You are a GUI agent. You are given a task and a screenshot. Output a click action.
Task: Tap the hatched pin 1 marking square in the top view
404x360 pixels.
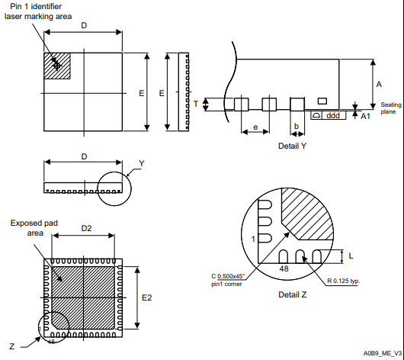click(57, 65)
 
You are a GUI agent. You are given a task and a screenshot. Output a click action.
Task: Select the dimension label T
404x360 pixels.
click(196, 103)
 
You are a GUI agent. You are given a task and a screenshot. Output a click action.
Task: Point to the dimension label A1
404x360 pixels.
click(365, 115)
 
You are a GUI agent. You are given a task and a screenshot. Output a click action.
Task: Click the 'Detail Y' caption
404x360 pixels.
click(292, 145)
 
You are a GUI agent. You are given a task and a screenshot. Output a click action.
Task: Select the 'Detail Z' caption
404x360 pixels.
click(293, 294)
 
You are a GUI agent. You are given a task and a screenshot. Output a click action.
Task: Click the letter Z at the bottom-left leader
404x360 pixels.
click(11, 346)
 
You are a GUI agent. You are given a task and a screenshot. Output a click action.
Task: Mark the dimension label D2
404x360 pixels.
click(86, 228)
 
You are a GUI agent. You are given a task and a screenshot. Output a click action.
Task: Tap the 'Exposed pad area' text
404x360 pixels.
click(31, 228)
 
